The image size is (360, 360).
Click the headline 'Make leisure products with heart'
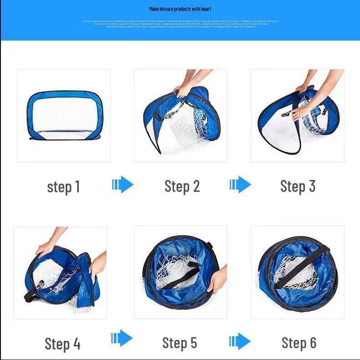pyautogui.click(x=180, y=9)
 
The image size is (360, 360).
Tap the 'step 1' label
pyautogui.click(x=63, y=187)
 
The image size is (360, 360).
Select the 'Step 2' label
pyautogui.click(x=182, y=186)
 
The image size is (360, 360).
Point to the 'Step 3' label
pyautogui.click(x=298, y=186)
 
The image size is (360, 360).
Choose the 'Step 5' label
pyautogui.click(x=180, y=343)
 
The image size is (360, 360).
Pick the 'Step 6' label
pyautogui.click(x=298, y=343)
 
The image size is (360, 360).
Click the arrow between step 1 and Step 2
pyautogui.click(x=123, y=185)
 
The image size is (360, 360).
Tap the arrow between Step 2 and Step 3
pyautogui.click(x=240, y=185)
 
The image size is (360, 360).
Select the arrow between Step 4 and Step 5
pyautogui.click(x=122, y=339)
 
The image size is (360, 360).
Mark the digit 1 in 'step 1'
pyautogui.click(x=77, y=187)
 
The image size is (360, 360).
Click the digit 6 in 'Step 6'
pyautogui.click(x=312, y=343)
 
